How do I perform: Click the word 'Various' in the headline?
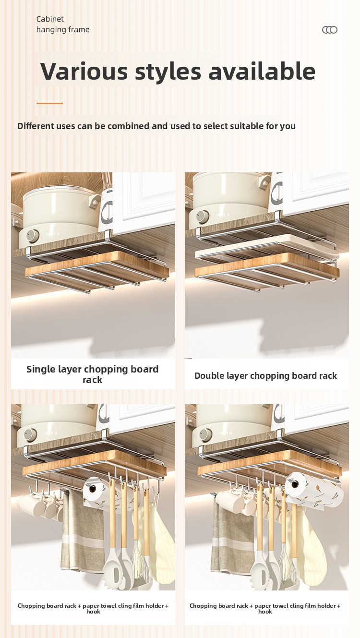click(x=84, y=71)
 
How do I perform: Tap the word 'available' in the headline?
click(x=262, y=71)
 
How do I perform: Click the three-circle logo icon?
click(x=330, y=30)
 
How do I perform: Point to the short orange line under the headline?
click(x=49, y=103)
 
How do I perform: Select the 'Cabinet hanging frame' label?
click(x=63, y=24)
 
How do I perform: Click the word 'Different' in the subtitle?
click(x=36, y=126)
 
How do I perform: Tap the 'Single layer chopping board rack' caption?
click(x=93, y=374)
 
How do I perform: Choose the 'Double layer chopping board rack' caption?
click(x=266, y=375)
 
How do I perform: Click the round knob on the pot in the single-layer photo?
click(x=32, y=236)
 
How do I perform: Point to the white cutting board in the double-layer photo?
click(x=266, y=247)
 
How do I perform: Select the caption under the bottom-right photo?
click(x=265, y=608)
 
